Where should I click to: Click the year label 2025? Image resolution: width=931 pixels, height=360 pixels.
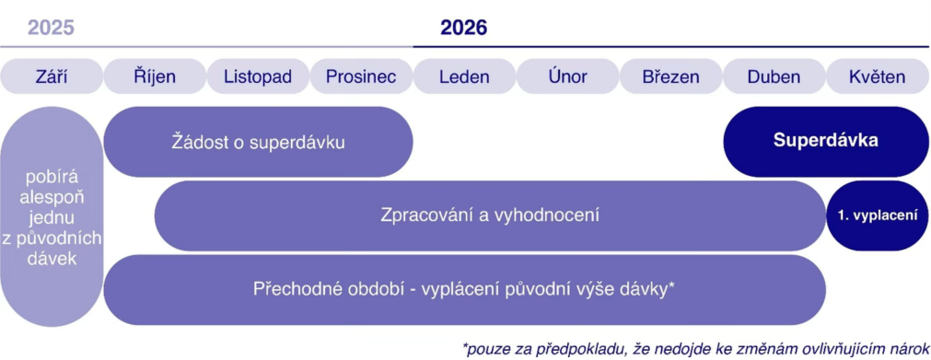click(x=51, y=28)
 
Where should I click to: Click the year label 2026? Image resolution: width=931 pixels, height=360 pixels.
click(x=464, y=28)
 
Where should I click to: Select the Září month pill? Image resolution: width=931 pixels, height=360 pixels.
click(x=52, y=76)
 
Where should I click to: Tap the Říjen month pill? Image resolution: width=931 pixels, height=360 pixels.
click(x=155, y=76)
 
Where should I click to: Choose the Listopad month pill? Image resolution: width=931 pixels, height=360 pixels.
click(x=258, y=76)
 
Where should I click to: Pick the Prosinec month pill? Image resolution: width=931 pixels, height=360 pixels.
click(x=362, y=76)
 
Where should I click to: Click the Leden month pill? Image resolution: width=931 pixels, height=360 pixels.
click(x=465, y=76)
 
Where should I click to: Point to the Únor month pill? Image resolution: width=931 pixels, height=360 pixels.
click(x=568, y=76)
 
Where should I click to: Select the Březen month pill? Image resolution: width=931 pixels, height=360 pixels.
click(x=671, y=76)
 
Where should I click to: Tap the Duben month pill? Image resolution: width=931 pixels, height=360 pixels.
click(x=774, y=76)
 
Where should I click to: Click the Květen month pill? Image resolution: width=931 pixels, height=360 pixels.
click(x=878, y=76)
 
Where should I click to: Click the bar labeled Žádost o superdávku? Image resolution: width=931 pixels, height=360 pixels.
click(x=258, y=142)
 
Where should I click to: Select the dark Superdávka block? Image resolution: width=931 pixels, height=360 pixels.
click(x=826, y=142)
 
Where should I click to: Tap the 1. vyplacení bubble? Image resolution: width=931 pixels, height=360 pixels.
click(x=878, y=215)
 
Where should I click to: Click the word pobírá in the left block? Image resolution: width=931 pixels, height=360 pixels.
click(x=52, y=178)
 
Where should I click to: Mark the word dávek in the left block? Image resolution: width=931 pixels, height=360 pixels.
click(x=52, y=259)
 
